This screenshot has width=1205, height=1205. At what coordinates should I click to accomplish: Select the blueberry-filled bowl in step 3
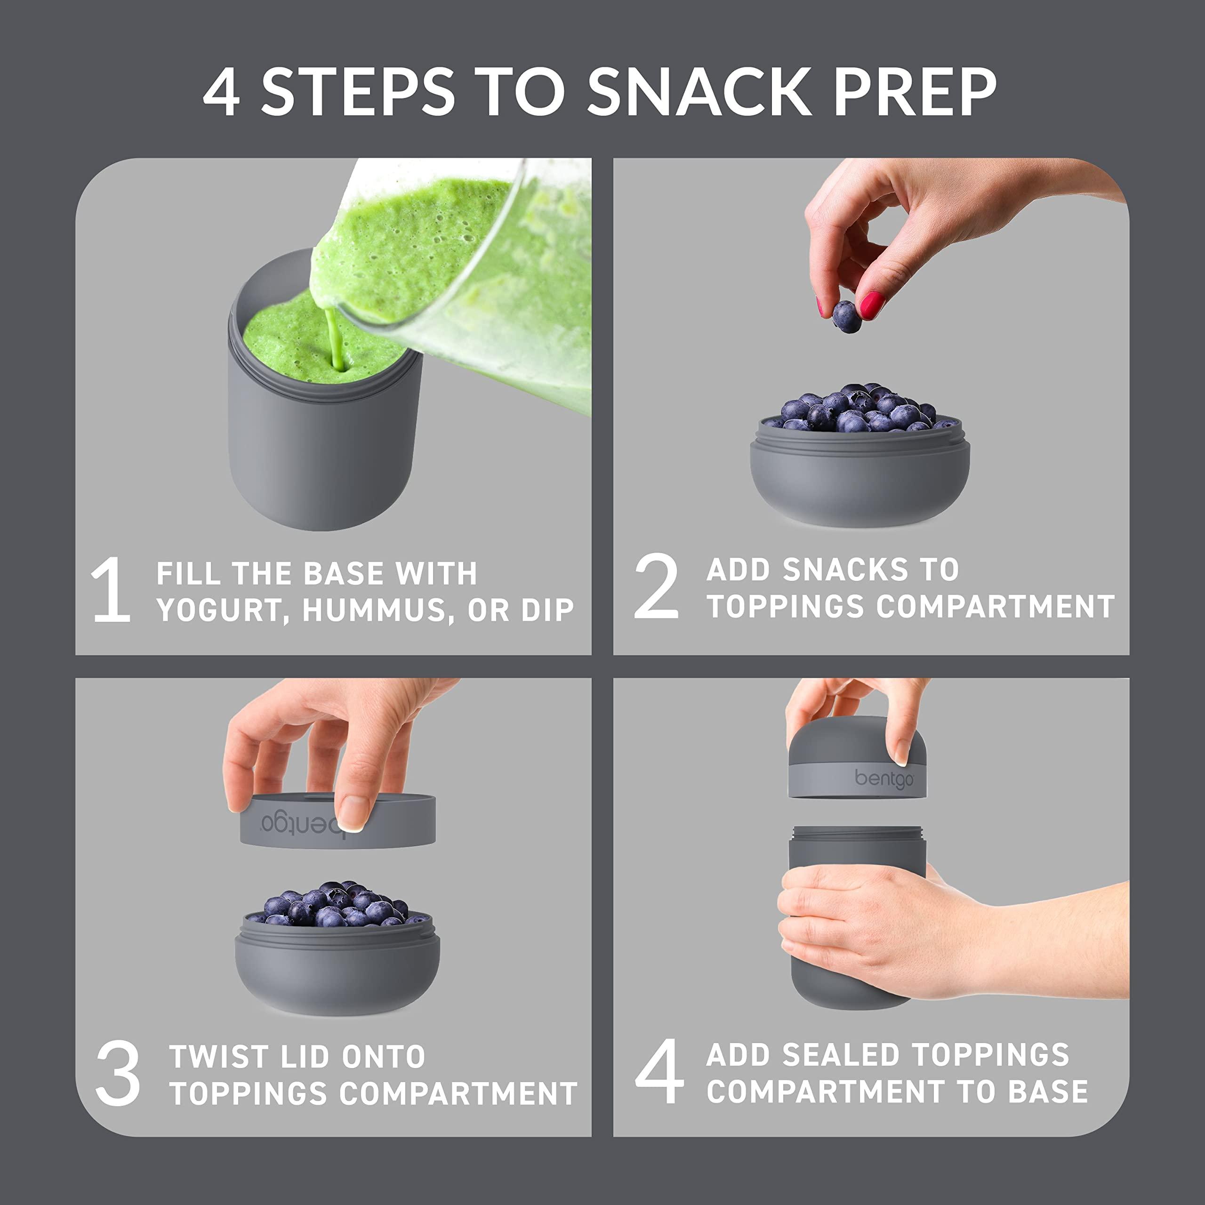point(337,945)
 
